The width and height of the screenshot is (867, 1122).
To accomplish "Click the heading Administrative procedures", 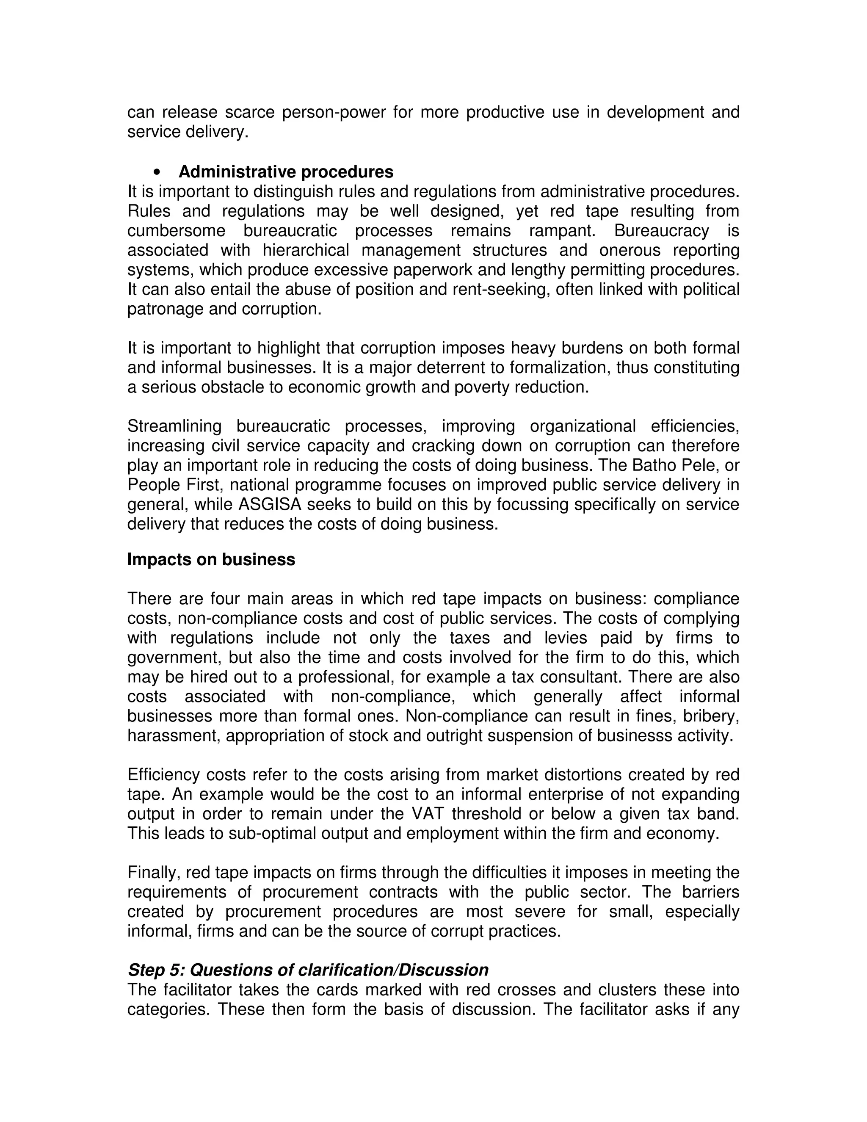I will [x=286, y=171].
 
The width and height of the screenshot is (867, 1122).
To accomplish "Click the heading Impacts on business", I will [x=211, y=559].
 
